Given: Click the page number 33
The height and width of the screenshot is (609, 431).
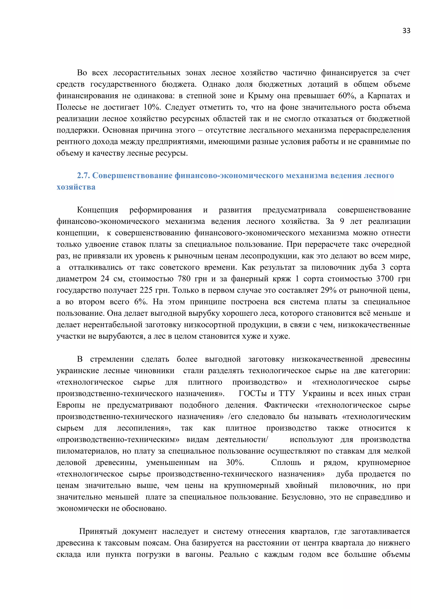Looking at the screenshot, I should (x=406, y=31).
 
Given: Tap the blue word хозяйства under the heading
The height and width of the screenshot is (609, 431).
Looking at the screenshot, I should (x=76, y=187).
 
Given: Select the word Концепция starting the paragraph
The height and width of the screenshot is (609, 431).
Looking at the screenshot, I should (x=97, y=210).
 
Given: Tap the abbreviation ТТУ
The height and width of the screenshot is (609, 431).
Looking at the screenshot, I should (x=287, y=394).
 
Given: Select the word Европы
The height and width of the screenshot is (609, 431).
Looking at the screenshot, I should (x=71, y=405).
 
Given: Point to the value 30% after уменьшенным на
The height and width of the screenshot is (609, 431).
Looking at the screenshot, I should (x=235, y=463).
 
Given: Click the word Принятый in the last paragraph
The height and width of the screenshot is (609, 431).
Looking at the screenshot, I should (x=98, y=532).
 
